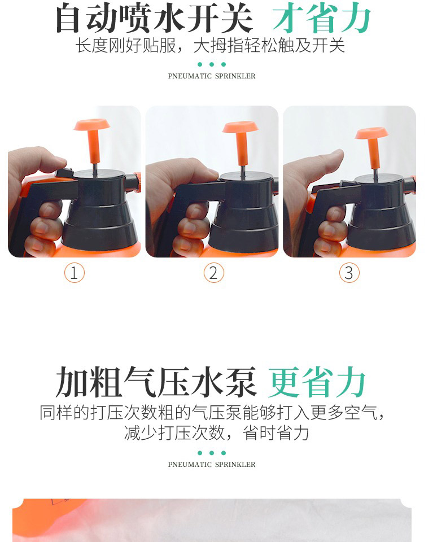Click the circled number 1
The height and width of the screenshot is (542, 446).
[75, 273]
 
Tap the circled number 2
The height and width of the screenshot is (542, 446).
[213, 273]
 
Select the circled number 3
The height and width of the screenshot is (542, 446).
[349, 273]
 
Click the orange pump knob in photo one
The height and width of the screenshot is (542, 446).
[92, 138]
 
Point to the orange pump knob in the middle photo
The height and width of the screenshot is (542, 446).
[241, 141]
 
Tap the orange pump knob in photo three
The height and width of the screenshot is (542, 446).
[372, 145]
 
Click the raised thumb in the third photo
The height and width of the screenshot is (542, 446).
[322, 166]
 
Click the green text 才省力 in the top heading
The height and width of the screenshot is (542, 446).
[321, 18]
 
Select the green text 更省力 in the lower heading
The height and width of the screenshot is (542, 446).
[317, 382]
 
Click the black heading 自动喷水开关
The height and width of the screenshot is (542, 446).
[155, 18]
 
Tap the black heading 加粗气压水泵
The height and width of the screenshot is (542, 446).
[156, 382]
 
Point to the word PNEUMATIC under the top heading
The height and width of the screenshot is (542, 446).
[190, 76]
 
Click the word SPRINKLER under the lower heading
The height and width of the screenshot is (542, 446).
[235, 464]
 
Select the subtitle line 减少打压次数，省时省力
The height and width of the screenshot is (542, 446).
[216, 433]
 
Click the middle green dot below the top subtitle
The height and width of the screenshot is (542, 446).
[212, 64]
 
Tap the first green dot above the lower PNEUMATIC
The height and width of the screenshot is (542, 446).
[200, 453]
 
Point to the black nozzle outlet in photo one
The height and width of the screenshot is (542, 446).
[133, 182]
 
